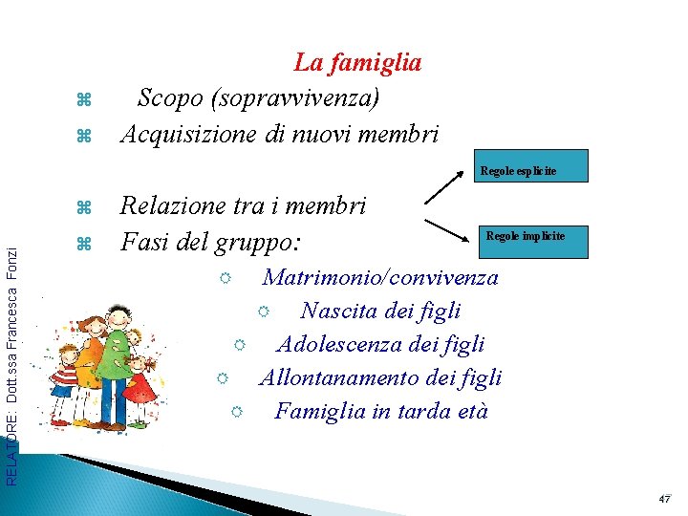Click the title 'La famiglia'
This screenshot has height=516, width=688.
pos(357,63)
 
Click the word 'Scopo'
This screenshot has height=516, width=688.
pos(171,97)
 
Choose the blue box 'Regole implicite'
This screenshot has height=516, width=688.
pos(533,236)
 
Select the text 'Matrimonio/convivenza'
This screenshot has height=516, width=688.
pos(380,278)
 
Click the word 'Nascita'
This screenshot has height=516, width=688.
pos(337,311)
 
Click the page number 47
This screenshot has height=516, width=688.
pos(665,500)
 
